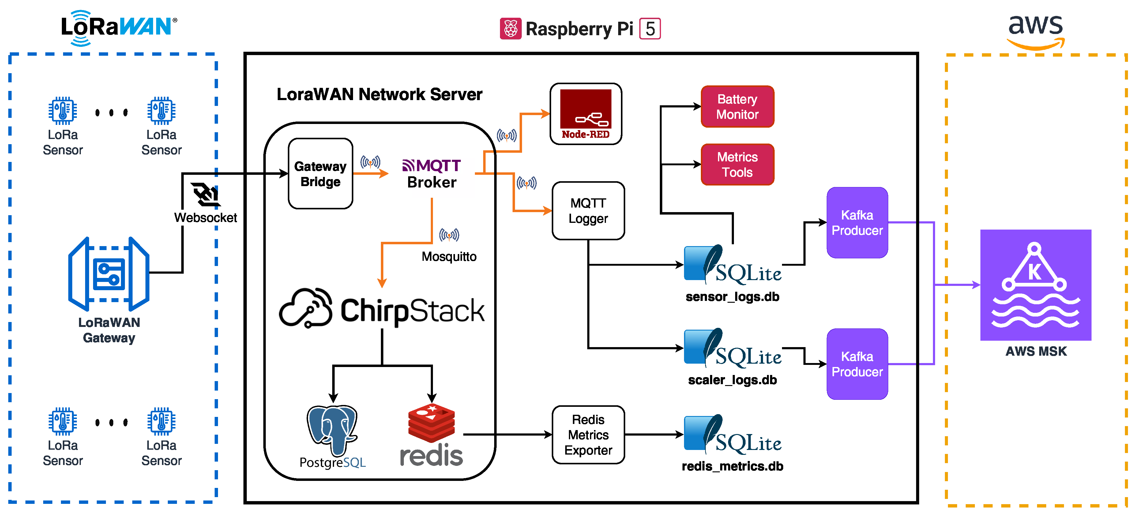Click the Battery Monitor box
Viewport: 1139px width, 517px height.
coord(737,107)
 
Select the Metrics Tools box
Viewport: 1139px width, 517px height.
coord(737,164)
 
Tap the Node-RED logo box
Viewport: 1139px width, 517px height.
coord(585,114)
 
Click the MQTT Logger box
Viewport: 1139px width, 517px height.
coord(588,211)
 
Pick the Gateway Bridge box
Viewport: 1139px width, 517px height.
coord(320,174)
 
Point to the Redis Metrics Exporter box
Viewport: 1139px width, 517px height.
coord(588,435)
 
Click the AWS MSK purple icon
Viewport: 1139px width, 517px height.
coord(1036,285)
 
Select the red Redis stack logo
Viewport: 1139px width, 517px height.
coord(431,423)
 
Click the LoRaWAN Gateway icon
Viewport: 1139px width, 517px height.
coord(109,274)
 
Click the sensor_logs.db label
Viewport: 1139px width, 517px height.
coord(732,297)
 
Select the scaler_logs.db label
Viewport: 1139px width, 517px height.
coord(732,380)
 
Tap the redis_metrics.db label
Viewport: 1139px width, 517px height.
coord(732,466)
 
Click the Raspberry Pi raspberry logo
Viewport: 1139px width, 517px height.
coord(510,29)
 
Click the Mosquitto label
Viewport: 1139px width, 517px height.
coord(449,256)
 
